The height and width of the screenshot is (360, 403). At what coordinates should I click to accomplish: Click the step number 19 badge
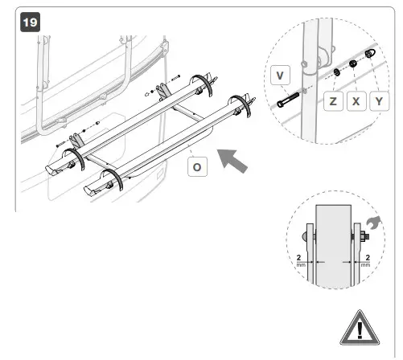pos(28,20)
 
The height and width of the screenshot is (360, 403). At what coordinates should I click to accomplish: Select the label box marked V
pos(280,76)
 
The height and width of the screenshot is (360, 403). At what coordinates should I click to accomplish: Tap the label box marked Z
pos(332,101)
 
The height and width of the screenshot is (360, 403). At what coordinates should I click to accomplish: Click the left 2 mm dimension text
pos(298,260)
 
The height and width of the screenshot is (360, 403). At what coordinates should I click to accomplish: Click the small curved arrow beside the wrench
pos(373,219)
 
